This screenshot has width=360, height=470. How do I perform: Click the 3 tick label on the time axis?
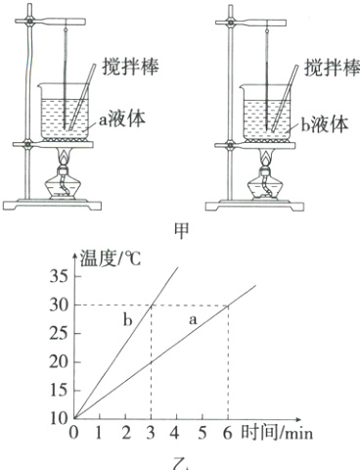(151, 432)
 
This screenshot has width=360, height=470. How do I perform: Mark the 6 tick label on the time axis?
(227, 432)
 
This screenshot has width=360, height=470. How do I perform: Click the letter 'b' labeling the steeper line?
(127, 320)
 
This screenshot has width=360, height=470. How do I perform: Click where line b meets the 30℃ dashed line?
(152, 305)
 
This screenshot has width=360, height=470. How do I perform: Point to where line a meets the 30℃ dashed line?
(228, 305)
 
